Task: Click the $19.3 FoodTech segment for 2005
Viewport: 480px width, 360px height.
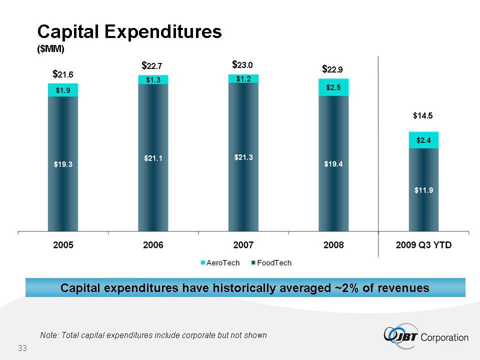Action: pos(63,163)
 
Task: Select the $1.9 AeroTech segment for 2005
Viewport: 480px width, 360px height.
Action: pos(63,90)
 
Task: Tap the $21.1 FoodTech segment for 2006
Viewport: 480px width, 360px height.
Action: pos(153,158)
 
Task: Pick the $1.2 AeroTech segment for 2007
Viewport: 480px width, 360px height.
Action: pos(243,78)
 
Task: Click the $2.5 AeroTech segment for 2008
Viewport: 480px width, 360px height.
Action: pos(333,87)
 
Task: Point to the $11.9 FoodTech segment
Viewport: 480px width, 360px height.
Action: pos(423,190)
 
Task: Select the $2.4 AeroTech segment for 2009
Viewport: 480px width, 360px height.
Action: pos(423,140)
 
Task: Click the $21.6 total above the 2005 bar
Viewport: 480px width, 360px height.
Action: pos(63,74)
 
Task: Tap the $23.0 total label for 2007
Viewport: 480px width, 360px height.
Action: pos(243,64)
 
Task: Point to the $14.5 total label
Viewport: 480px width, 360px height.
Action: pos(422,115)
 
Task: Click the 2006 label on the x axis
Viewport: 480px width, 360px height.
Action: pos(153,245)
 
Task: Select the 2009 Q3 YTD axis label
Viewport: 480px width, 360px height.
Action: pos(423,245)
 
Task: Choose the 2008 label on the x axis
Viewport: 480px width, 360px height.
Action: pos(333,245)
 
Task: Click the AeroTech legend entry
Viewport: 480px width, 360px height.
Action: pos(220,263)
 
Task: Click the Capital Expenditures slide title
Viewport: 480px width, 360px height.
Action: pos(129,32)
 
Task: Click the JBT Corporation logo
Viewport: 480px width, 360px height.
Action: pos(425,336)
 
